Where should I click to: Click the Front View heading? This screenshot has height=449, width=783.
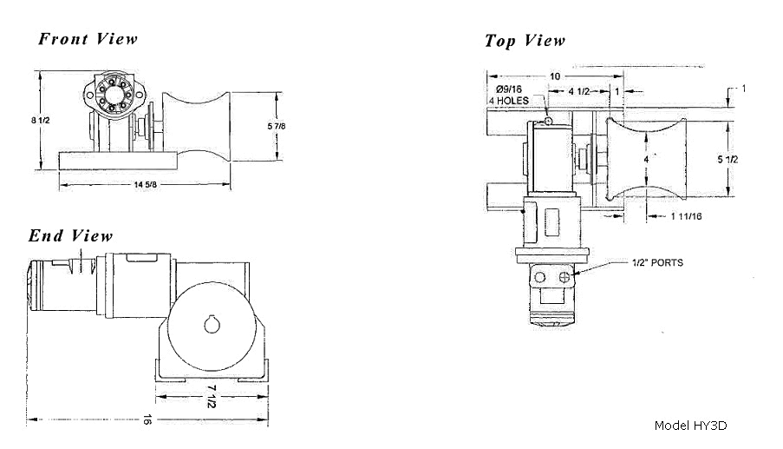coord(88,39)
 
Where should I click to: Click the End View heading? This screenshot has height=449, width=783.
coord(70,235)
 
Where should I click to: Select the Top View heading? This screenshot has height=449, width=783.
coord(525,41)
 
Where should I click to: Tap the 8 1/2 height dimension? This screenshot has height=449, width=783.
coord(41,120)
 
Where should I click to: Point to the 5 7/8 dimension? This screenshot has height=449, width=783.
coord(277,126)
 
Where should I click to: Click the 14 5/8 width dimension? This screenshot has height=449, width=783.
coord(146,184)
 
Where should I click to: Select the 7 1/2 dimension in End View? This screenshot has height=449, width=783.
coord(212,397)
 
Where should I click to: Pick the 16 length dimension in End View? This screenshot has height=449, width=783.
coord(147,419)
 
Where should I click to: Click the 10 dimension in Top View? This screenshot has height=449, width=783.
coord(555,76)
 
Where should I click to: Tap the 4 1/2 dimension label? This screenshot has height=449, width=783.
coord(579,91)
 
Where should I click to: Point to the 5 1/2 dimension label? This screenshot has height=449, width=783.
coord(728,160)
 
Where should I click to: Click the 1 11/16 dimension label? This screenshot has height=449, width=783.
coord(687,216)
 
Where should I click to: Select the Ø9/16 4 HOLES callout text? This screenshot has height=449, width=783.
coord(509,95)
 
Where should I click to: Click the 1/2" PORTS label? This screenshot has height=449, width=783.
coord(657,262)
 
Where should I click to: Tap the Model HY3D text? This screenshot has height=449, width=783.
coord(690,426)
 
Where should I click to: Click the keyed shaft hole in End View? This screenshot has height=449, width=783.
coord(212,325)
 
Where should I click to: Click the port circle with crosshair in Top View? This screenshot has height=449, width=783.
coord(564,277)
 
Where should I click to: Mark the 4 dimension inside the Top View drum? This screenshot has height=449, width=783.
coord(646,159)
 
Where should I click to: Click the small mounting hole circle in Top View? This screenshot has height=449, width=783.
coord(548,121)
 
